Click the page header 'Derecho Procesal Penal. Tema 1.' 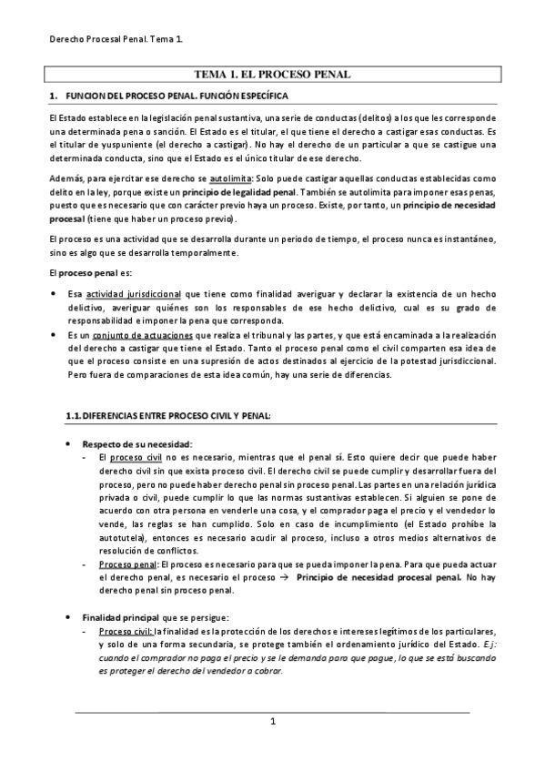click(x=115, y=39)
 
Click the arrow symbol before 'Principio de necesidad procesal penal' click(x=284, y=576)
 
